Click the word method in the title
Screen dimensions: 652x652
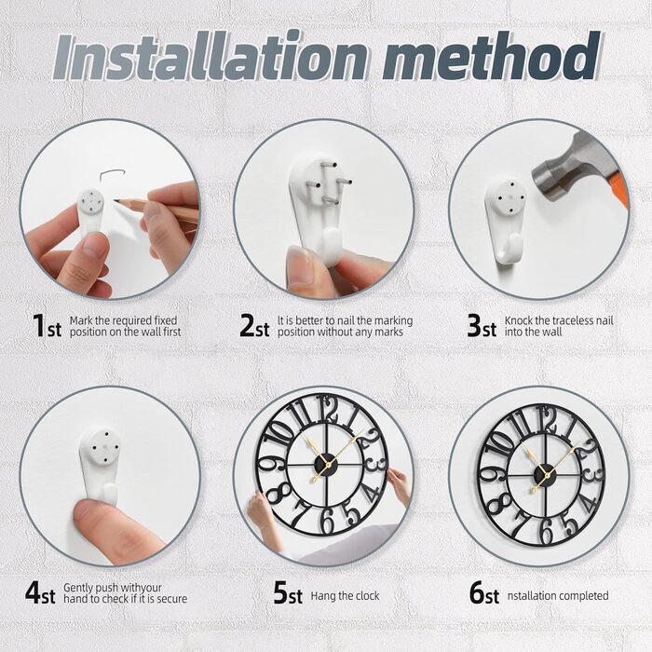(492, 55)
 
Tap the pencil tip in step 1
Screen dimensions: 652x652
(115, 201)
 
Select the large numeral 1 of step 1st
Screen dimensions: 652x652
(38, 326)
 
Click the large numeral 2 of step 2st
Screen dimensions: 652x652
(247, 326)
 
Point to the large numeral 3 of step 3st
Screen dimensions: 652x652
(474, 326)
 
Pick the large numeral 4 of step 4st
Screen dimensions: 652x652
(34, 593)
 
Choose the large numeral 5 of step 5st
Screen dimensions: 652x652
(280, 593)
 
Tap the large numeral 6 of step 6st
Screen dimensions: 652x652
(477, 593)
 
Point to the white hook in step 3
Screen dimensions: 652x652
(505, 221)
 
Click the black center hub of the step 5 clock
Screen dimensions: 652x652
(324, 463)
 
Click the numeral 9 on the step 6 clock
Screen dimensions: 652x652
(487, 475)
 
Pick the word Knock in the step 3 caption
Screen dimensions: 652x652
(518, 320)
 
